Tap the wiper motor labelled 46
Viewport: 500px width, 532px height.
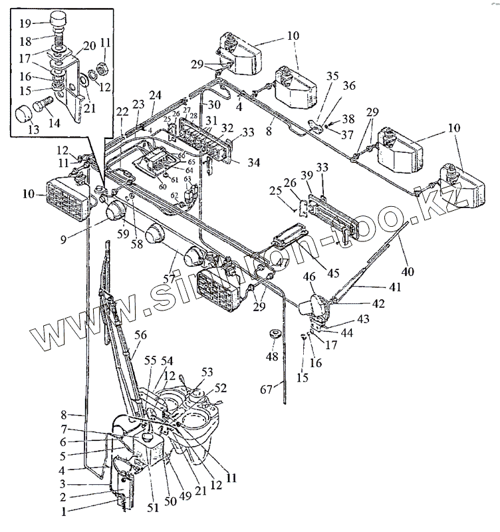[311, 305]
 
